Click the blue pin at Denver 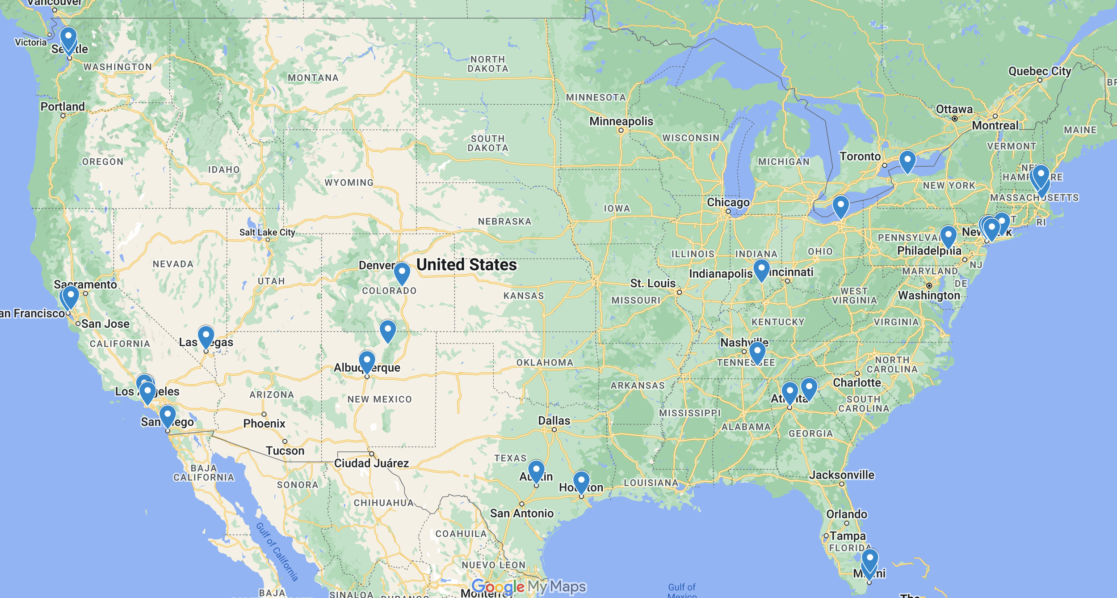[402, 272]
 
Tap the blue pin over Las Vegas [206, 335]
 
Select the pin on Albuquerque [366, 360]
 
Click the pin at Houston [581, 480]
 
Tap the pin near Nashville [757, 351]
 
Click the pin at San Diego [168, 415]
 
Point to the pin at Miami [869, 559]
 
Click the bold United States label [466, 265]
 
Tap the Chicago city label [728, 202]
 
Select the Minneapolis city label [621, 121]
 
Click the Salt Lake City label [267, 232]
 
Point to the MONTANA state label [313, 78]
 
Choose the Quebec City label [1039, 71]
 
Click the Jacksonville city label [841, 475]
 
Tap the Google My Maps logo [529, 586]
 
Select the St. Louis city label [652, 283]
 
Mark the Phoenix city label [264, 423]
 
